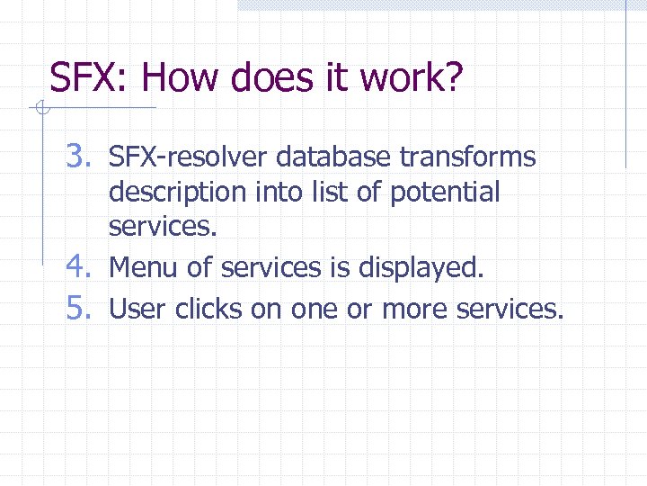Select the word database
[333, 157]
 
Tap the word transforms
[467, 157]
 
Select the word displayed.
[420, 268]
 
